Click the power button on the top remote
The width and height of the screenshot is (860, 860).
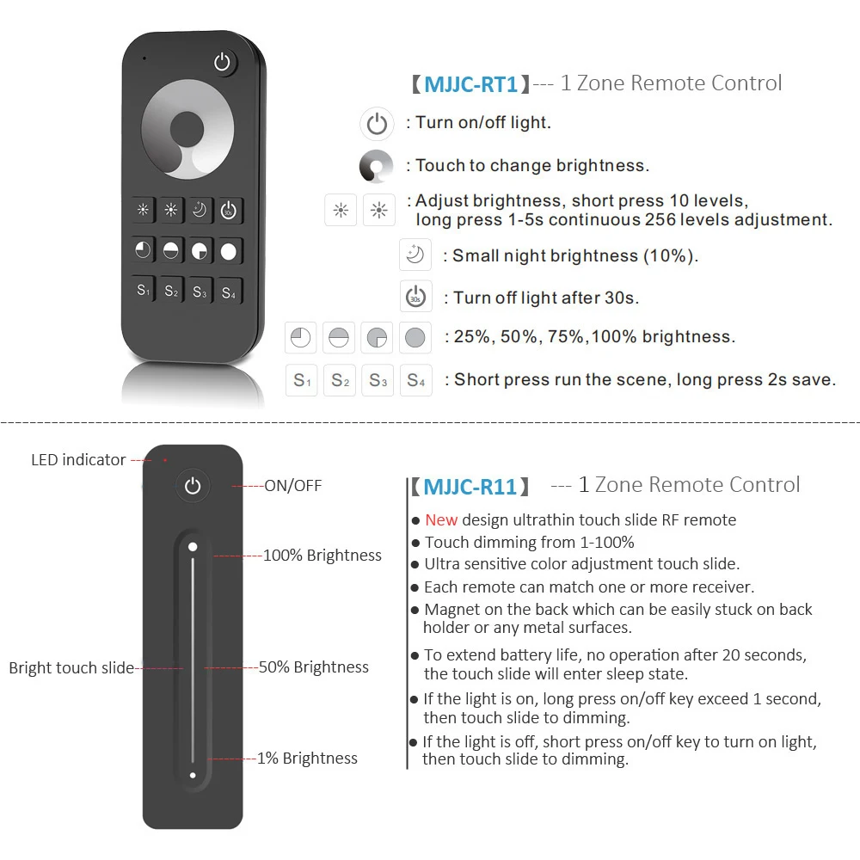click(224, 62)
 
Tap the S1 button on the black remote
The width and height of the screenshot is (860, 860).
click(144, 291)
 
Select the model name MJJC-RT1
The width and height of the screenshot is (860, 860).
click(470, 84)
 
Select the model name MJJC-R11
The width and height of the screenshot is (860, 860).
click(470, 487)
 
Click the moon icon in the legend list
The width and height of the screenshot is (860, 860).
click(415, 255)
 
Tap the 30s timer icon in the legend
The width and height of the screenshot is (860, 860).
click(415, 297)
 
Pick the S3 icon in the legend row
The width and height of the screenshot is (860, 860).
click(378, 379)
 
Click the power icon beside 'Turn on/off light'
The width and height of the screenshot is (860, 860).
click(377, 124)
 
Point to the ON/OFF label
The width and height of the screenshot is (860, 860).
click(292, 486)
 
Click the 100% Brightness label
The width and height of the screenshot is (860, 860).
click(322, 556)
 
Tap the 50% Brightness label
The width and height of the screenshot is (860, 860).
click(314, 667)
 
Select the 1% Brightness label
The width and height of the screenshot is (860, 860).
click(307, 759)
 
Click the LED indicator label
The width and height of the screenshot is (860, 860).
click(78, 460)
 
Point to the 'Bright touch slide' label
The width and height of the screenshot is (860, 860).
click(71, 667)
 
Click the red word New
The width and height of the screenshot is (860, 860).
click(441, 519)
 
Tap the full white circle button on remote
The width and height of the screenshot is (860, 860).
click(228, 251)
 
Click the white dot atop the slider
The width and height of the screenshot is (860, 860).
click(193, 546)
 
